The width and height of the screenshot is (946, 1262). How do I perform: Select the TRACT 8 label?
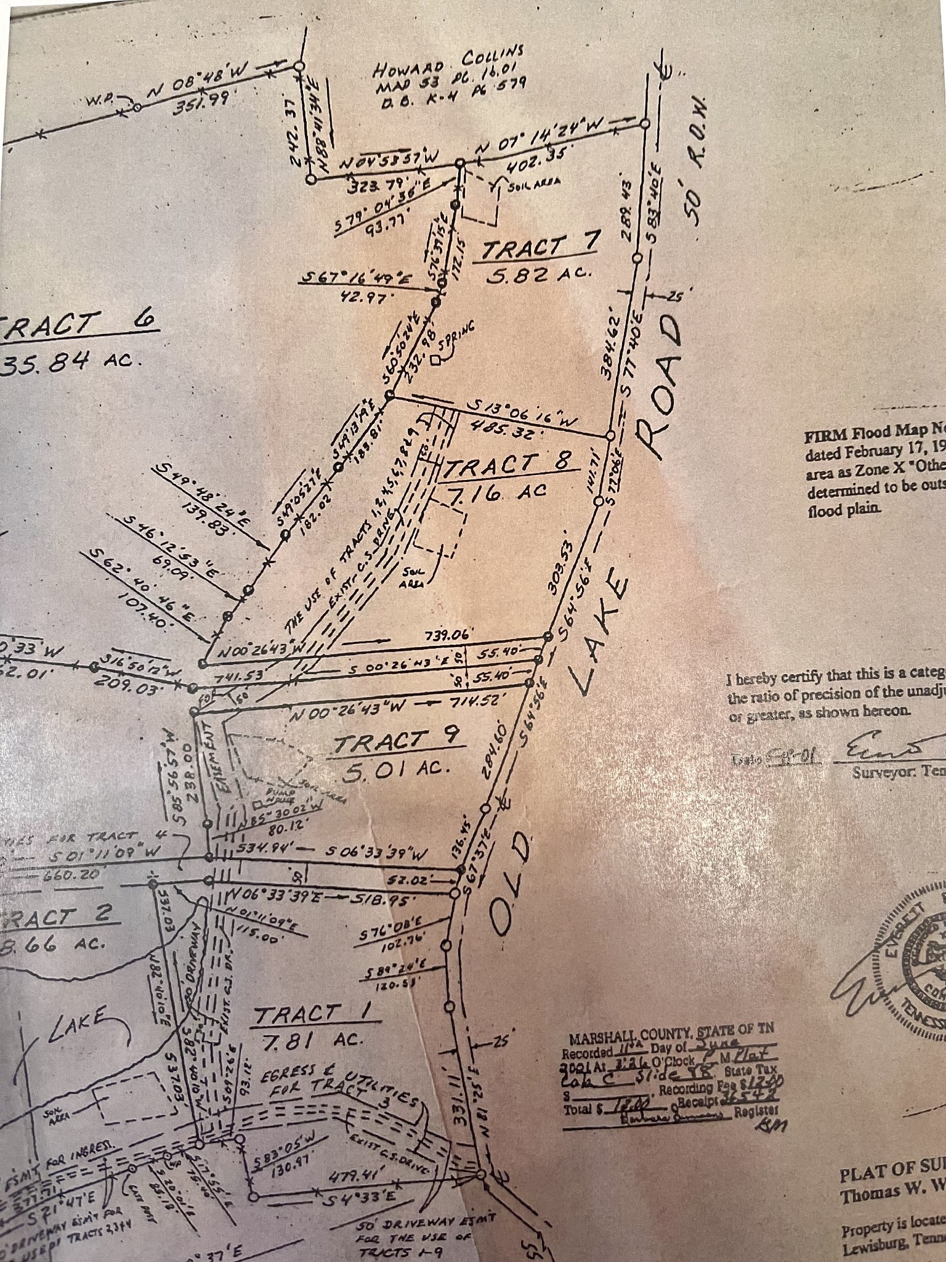(x=508, y=465)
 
